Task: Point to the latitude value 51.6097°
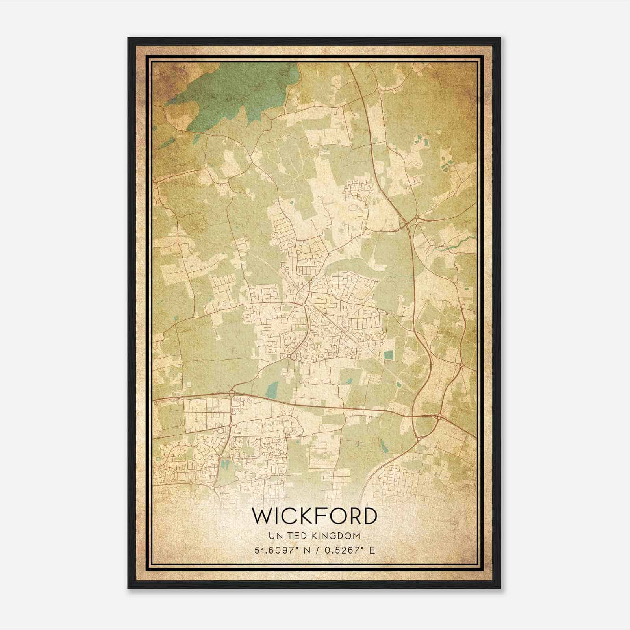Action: coord(278,550)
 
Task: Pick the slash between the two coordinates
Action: coord(315,550)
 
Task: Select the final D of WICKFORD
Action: coord(369,516)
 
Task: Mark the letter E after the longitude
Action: coord(372,550)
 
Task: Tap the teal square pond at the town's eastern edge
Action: coord(389,355)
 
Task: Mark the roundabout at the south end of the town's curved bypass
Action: coord(289,356)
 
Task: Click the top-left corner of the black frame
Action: coord(128,38)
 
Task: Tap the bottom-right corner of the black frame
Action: coord(500,588)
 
